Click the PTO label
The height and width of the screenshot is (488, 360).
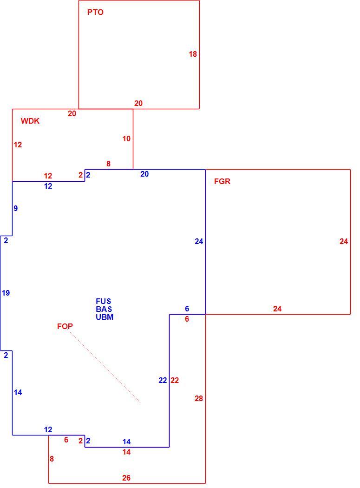point(95,12)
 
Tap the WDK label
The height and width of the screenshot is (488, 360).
point(30,121)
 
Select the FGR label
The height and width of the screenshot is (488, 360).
point(222,181)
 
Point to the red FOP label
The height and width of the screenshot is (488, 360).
point(65,326)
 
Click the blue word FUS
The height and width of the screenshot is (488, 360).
point(103,301)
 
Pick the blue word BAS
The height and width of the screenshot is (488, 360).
point(104,309)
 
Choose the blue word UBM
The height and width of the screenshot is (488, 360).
point(105,317)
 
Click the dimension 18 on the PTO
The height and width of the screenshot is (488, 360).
point(193,54)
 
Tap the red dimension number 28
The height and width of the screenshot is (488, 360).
point(199,398)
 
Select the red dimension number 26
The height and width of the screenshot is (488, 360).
point(126,478)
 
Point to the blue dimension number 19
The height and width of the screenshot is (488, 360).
point(6,293)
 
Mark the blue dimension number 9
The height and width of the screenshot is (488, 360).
point(15,208)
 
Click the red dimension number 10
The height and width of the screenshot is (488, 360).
point(126,138)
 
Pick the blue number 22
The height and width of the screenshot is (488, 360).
point(163,380)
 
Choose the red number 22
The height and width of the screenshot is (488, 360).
point(175,380)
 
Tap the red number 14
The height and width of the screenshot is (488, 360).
point(126,452)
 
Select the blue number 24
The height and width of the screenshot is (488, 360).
point(199,241)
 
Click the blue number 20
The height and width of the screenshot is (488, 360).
point(144,174)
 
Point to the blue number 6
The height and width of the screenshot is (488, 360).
point(187,309)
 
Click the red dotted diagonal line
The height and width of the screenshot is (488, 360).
point(104,367)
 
